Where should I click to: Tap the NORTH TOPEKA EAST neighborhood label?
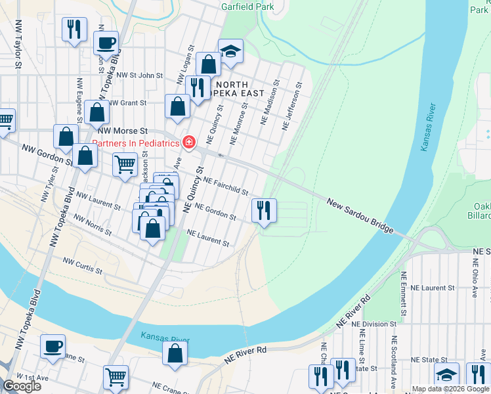(x=223, y=89)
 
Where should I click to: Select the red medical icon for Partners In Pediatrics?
(x=189, y=142)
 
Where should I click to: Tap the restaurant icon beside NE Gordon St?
(x=265, y=211)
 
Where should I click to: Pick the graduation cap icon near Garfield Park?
(x=230, y=52)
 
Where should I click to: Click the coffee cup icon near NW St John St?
(x=106, y=44)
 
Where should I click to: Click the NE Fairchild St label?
(x=225, y=186)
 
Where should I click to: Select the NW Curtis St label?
(x=83, y=265)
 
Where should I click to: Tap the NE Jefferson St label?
(x=291, y=104)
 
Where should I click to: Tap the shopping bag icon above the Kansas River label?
(x=175, y=353)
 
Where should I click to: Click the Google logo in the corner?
(x=22, y=386)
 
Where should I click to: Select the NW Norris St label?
(x=92, y=225)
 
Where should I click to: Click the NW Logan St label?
(x=185, y=66)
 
